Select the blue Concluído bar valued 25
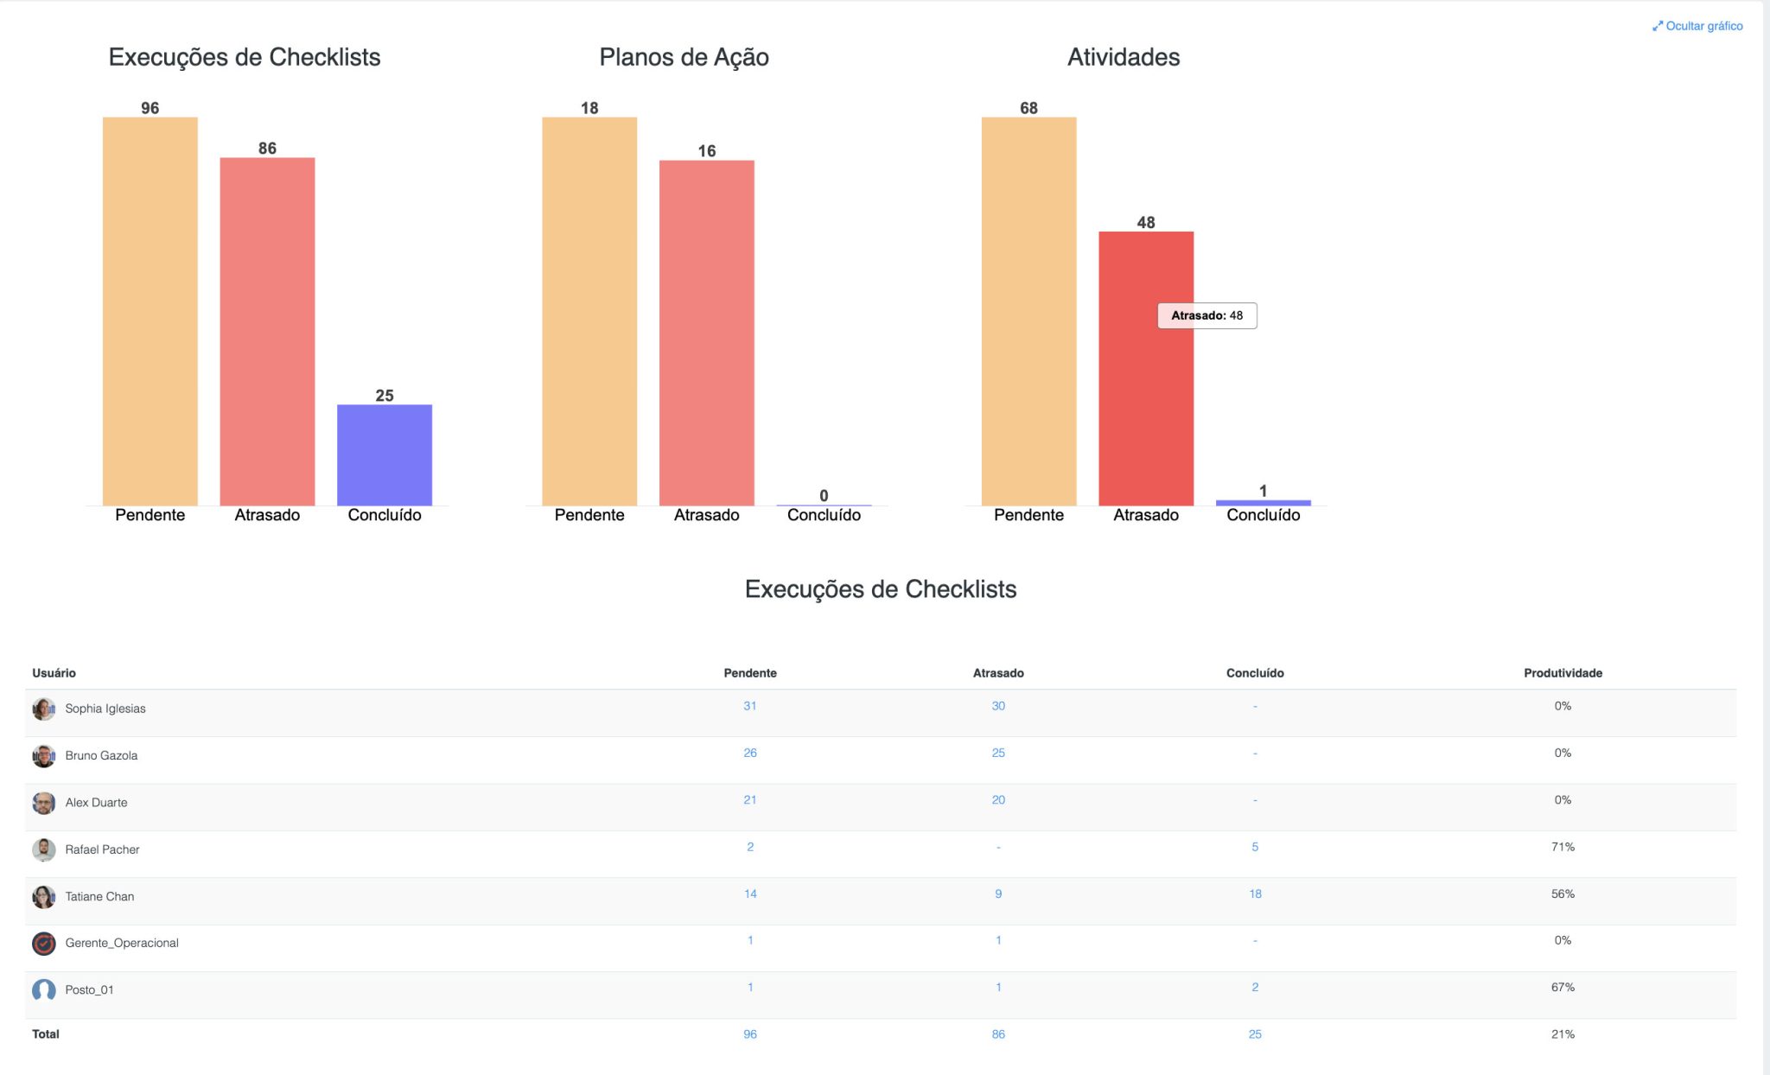pyautogui.click(x=385, y=455)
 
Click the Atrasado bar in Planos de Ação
pyautogui.click(x=706, y=333)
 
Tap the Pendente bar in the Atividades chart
pyautogui.click(x=1028, y=311)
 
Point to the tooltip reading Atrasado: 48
pyautogui.click(x=1207, y=315)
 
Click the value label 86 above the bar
pyautogui.click(x=267, y=149)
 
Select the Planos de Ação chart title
pyautogui.click(x=684, y=57)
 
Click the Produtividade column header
pyautogui.click(x=1563, y=673)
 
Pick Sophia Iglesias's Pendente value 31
pyautogui.click(x=749, y=706)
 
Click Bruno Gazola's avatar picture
pyautogui.click(x=44, y=756)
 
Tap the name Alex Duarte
pyautogui.click(x=96, y=803)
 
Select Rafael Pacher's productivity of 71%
pyautogui.click(x=1563, y=847)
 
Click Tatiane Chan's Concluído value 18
pyautogui.click(x=1255, y=894)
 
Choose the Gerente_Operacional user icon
pyautogui.click(x=44, y=944)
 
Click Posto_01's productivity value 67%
pyautogui.click(x=1563, y=987)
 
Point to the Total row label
pyautogui.click(x=46, y=1034)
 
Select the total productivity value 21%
pyautogui.click(x=1563, y=1034)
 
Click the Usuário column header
pyautogui.click(x=54, y=673)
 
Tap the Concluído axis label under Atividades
pyautogui.click(x=1263, y=515)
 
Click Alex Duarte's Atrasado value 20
pyautogui.click(x=998, y=800)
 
